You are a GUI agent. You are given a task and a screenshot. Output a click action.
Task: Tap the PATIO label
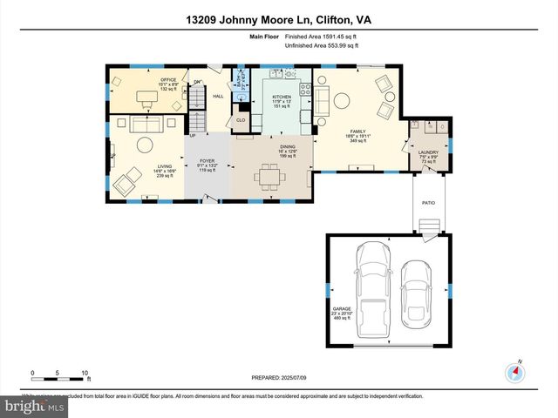coord(428,203)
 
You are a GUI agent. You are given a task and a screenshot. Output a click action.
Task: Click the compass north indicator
coord(516,372)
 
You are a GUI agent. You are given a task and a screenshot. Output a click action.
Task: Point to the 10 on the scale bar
coord(85,373)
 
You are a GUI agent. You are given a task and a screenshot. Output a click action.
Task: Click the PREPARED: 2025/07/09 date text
coord(278,379)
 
